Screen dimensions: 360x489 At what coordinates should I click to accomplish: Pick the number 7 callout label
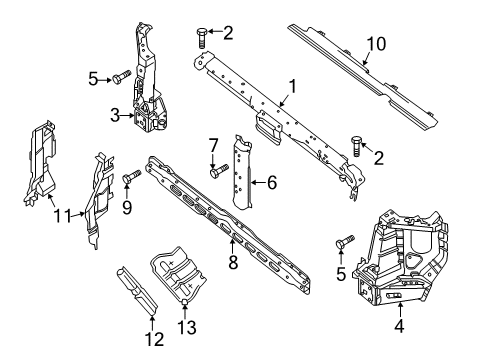pyautogui.click(x=213, y=146)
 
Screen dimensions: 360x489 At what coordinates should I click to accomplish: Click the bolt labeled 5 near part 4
pyautogui.click(x=347, y=244)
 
